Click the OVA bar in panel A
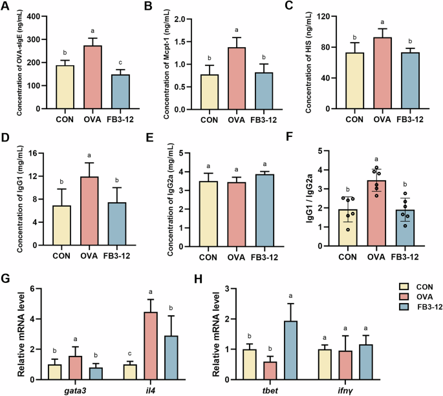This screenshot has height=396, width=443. click(x=94, y=78)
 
